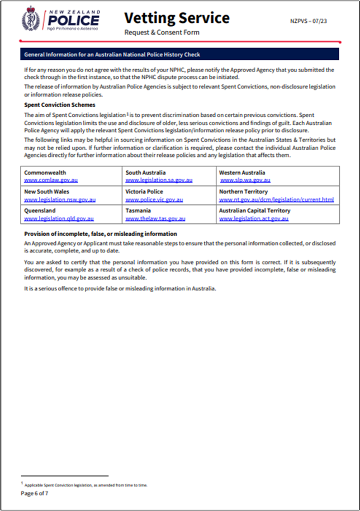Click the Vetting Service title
coord(176,18)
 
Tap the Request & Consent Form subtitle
coord(162,32)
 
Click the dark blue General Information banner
coord(179,54)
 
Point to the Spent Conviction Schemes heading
coord(60,105)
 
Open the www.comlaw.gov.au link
coord(51,180)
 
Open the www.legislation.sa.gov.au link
coord(159,180)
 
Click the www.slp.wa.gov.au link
coord(245,180)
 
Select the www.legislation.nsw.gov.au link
coord(60,199)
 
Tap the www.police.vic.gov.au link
coord(154,199)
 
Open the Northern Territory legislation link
coord(276,199)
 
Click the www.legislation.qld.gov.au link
coord(59,219)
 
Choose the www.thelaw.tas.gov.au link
coord(154,219)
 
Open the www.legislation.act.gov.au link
coord(254,219)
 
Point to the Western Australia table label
coord(242,173)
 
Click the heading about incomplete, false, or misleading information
coord(101,234)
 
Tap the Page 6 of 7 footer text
coord(35,494)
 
